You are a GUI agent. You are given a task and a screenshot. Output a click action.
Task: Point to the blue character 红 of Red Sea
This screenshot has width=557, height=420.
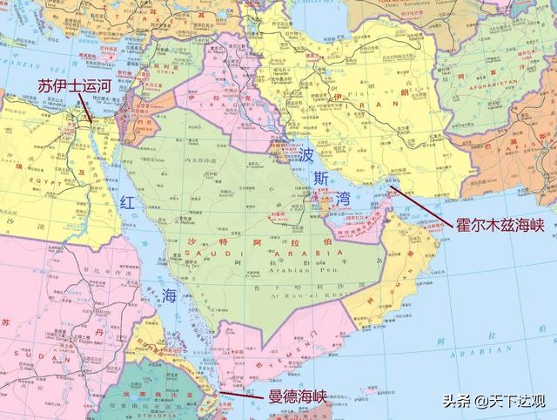(127, 203)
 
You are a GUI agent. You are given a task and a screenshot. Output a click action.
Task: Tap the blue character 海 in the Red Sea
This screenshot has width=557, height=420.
(168, 295)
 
